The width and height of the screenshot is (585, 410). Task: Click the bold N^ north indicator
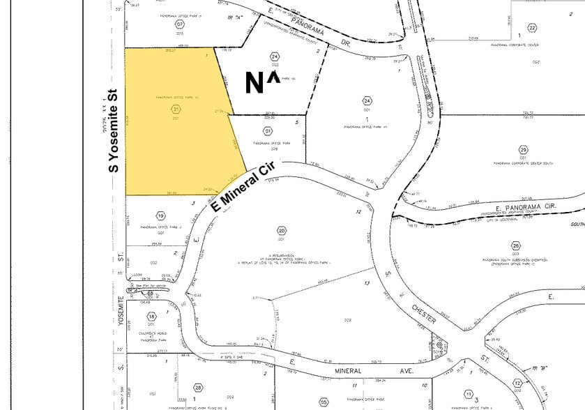262,82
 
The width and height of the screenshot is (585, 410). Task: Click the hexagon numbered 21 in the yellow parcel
176,109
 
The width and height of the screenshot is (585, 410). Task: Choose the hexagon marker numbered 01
268,130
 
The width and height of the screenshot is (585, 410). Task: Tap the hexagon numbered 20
282,231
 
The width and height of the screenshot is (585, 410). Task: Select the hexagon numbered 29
523,150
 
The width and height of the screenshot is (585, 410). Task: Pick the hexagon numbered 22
532,28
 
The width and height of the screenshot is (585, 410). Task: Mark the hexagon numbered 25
516,246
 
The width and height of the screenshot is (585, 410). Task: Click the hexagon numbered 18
151,317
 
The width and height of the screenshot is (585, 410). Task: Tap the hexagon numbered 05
324,402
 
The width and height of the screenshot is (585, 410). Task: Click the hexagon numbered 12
517,383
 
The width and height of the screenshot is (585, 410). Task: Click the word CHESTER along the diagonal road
423,313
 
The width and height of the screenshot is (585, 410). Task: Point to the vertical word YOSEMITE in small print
120,307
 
